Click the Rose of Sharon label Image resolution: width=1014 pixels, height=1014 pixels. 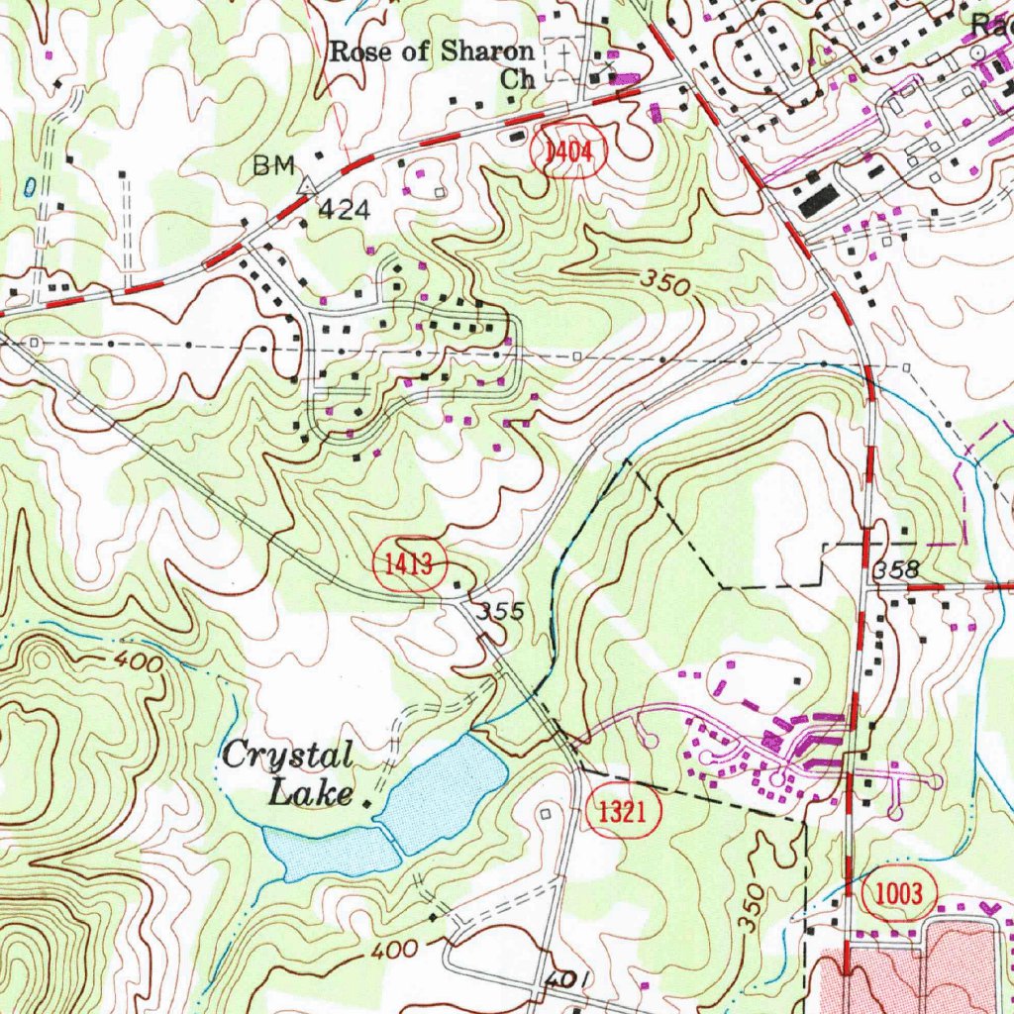pos(431,51)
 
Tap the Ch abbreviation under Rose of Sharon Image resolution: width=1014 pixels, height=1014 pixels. pos(517,79)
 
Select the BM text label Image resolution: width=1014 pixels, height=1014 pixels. pos(273,166)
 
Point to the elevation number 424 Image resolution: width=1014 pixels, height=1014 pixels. pos(343,209)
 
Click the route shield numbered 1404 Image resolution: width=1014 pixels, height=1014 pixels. pos(566,152)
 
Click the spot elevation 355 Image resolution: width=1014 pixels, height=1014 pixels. pos(499,611)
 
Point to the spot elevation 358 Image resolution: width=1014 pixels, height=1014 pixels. pos(896,570)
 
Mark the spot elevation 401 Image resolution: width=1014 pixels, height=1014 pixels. pos(566,979)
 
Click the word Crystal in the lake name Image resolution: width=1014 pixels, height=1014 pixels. pos(286,758)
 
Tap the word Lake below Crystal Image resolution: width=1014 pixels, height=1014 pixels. pos(311,792)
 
